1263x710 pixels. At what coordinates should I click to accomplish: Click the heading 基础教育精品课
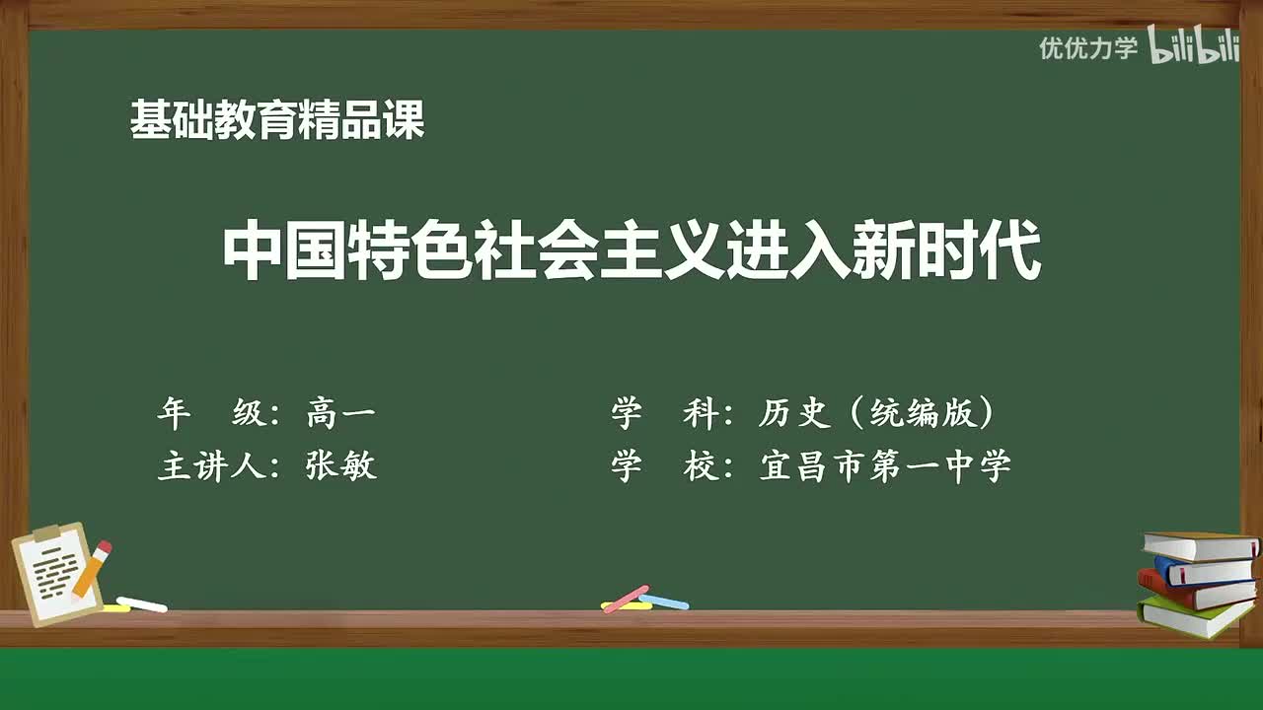coord(277,121)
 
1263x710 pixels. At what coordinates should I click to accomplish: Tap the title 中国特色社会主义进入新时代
coord(631,252)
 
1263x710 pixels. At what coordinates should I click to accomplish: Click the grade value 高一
coord(340,414)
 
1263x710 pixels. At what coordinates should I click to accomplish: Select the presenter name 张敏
coord(341,465)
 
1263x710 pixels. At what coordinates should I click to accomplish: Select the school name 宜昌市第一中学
coord(885,465)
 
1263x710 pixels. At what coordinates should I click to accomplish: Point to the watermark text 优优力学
coord(1088,47)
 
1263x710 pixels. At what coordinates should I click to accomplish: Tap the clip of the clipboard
coord(46,533)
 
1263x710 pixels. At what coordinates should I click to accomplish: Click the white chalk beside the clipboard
coord(141,603)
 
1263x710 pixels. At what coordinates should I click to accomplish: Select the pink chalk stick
coord(625,598)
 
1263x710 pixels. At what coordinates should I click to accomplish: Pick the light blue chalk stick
coord(665,601)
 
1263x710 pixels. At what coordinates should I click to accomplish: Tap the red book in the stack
coord(1194,591)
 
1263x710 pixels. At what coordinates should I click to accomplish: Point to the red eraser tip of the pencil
coord(104,546)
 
